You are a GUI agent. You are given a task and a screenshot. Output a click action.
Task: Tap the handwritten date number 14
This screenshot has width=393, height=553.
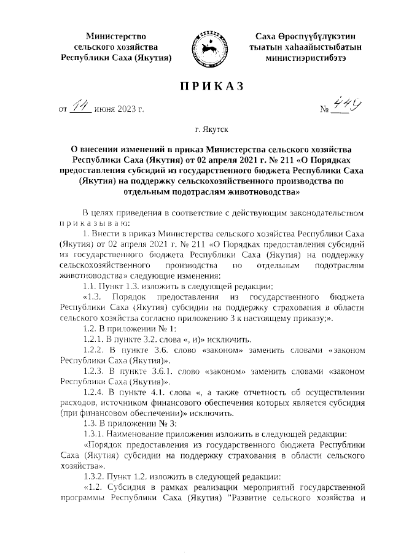(x=81, y=107)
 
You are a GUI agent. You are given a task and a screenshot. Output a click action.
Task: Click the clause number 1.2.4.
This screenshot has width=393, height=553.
(x=94, y=391)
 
